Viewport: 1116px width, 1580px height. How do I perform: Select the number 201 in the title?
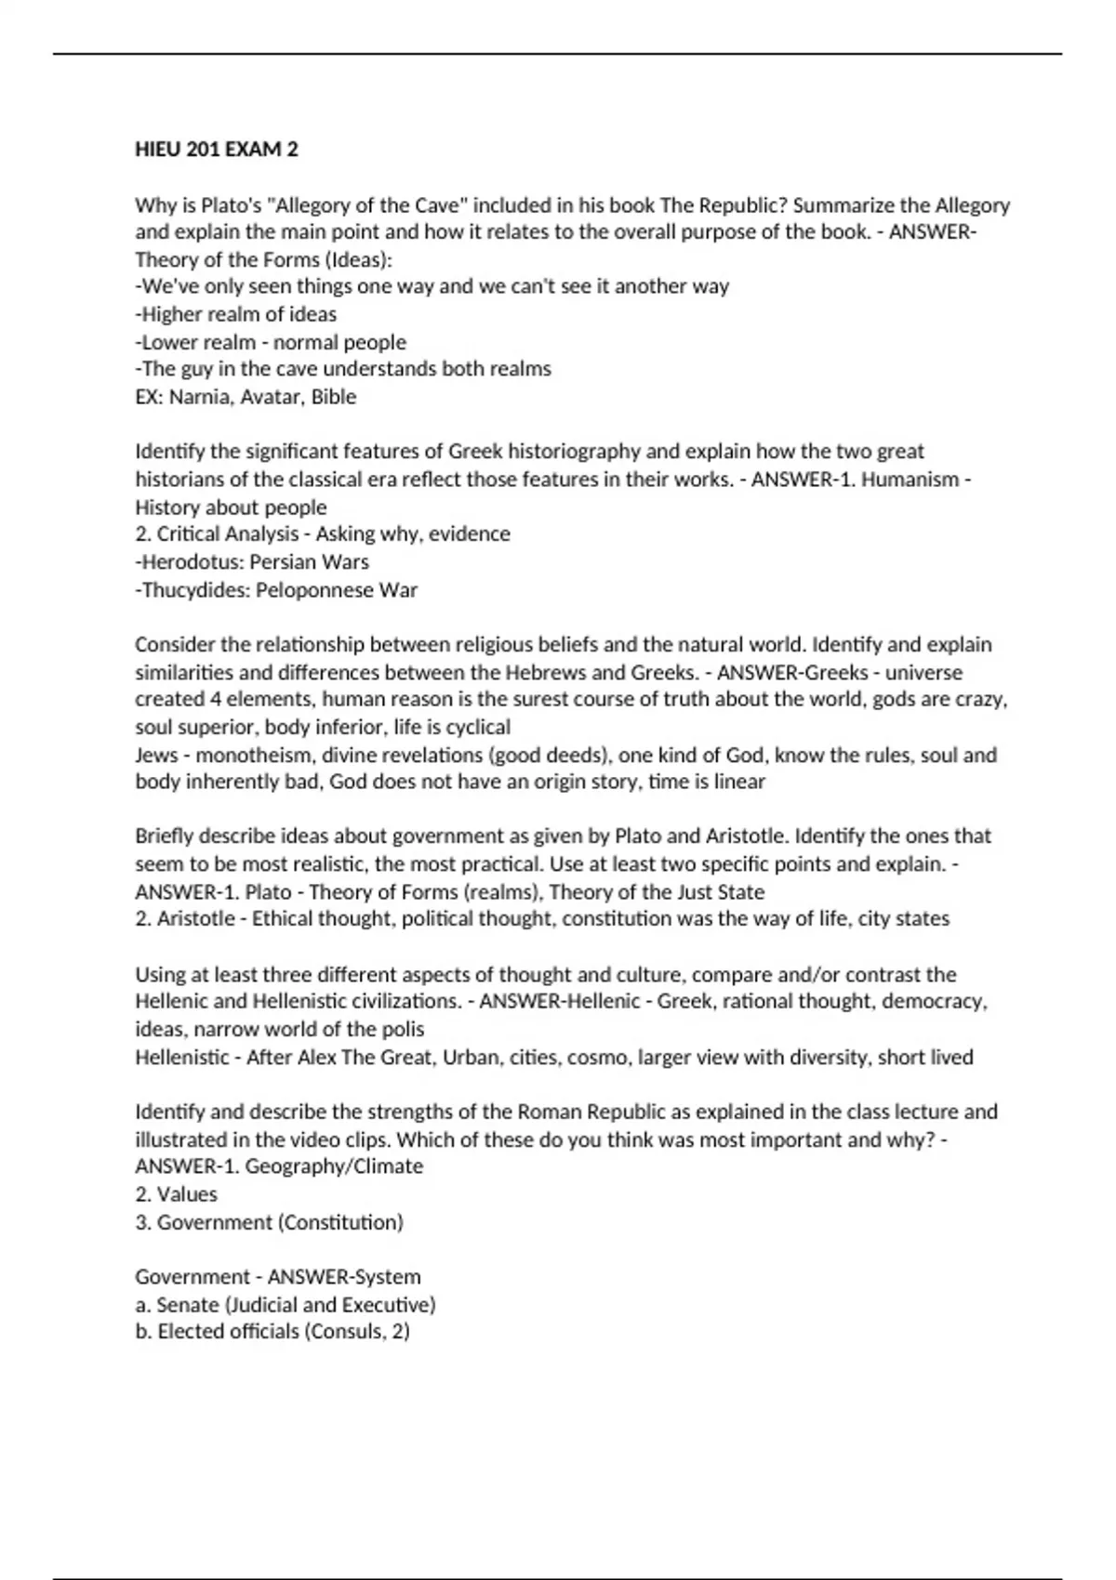(x=202, y=150)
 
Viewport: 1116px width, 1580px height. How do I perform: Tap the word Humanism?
(x=910, y=480)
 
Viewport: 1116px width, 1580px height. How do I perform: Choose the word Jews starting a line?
(x=156, y=755)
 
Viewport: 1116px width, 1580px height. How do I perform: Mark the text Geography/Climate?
(x=334, y=1166)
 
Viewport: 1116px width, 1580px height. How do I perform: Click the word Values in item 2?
(x=187, y=1194)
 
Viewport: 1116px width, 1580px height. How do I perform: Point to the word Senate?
(x=189, y=1305)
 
